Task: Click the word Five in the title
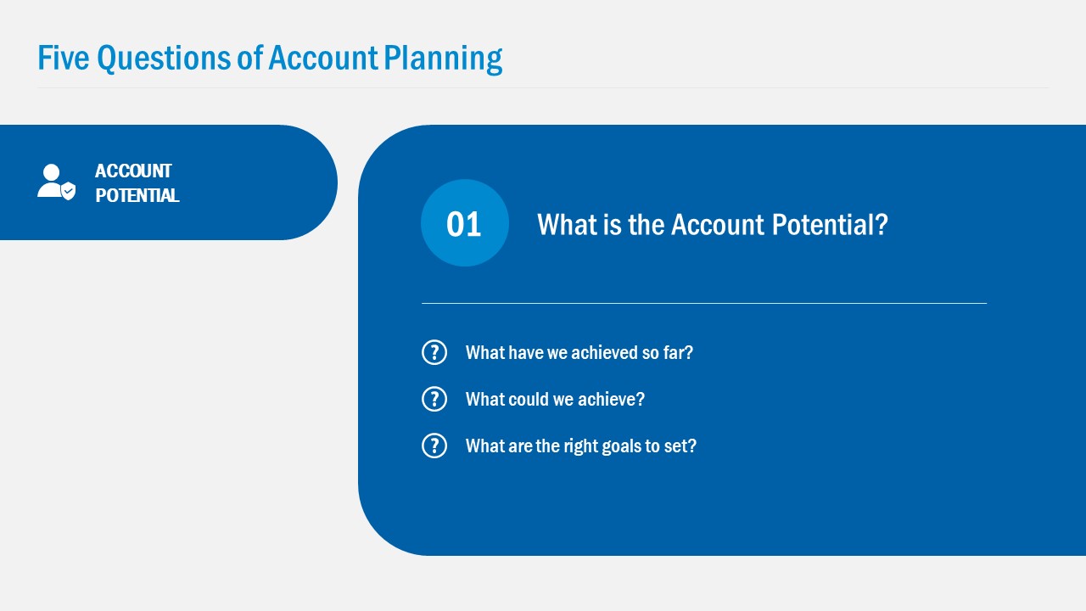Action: pyautogui.click(x=64, y=58)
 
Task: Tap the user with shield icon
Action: pyautogui.click(x=56, y=182)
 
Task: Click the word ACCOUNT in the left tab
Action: pyautogui.click(x=133, y=171)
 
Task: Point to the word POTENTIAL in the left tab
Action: pyautogui.click(x=137, y=195)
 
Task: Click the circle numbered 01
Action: pyautogui.click(x=464, y=223)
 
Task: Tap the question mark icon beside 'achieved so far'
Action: pyautogui.click(x=434, y=352)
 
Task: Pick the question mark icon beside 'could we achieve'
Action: pyautogui.click(x=434, y=399)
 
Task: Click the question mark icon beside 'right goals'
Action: pyautogui.click(x=434, y=446)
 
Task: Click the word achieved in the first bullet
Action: pyautogui.click(x=605, y=352)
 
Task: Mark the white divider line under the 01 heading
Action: pyautogui.click(x=704, y=303)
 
